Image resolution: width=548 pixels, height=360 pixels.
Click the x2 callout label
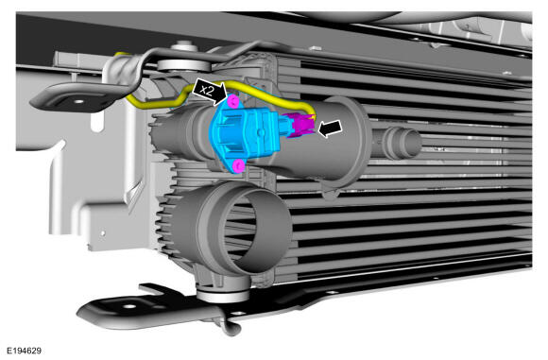point(207,90)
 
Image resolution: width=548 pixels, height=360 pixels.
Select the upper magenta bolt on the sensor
point(232,102)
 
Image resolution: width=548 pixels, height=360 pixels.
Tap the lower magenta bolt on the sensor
point(238,166)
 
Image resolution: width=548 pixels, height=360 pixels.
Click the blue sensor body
point(247,134)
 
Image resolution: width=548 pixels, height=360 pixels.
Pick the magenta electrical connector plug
point(299,125)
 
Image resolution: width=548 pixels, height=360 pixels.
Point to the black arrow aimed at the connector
point(330,129)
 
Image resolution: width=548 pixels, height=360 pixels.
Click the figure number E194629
point(25,351)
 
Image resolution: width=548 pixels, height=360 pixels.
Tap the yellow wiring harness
point(224,93)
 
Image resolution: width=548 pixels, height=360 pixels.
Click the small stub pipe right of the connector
point(402,142)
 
